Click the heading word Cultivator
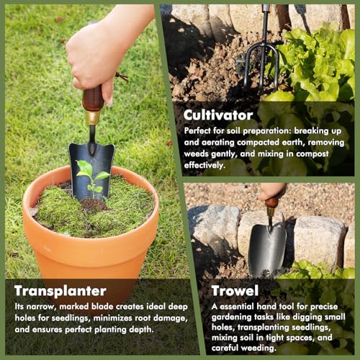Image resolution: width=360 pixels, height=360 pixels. tap(217, 114)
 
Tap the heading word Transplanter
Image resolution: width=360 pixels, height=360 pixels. tap(60, 291)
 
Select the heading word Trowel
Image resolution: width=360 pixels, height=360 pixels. tap(235, 291)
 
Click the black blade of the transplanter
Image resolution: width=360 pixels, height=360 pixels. tap(91, 163)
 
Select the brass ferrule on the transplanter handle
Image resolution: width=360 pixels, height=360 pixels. tap(92, 117)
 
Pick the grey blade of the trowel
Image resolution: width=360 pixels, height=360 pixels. tap(267, 248)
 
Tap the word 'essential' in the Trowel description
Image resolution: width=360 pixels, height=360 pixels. tap(245, 306)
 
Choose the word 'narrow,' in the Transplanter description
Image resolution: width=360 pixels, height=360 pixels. tap(45, 306)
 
